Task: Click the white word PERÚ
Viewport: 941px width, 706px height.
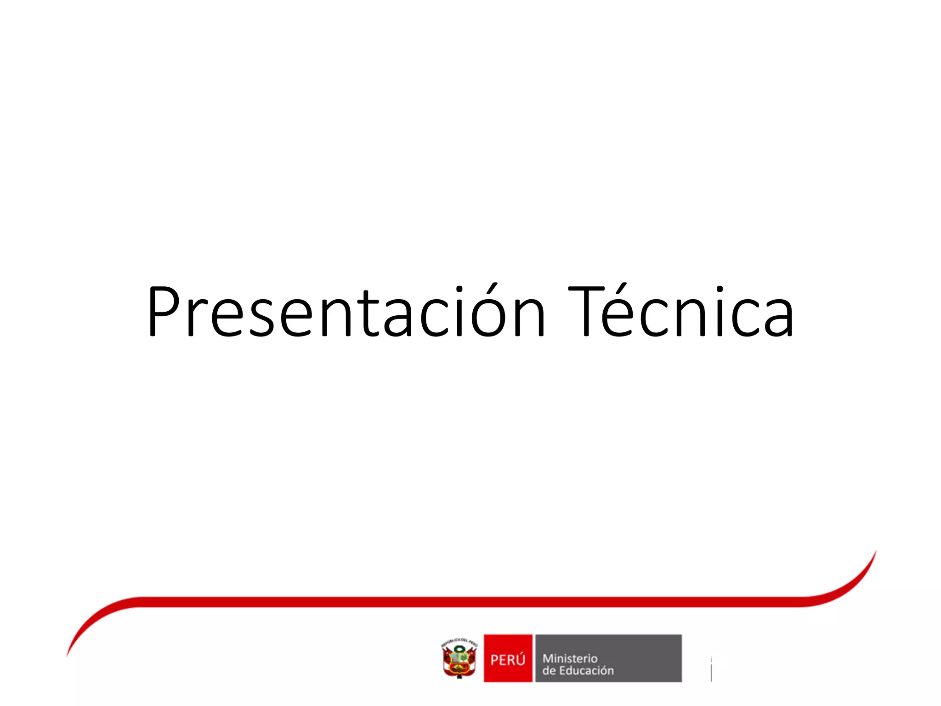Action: pos(508,660)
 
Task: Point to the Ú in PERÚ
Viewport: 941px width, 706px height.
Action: pos(520,659)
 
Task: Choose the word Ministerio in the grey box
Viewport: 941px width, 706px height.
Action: pos(570,658)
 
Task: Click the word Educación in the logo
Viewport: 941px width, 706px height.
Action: pos(586,671)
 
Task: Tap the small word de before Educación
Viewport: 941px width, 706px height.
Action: pos(549,671)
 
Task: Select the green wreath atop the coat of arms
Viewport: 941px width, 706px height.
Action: pos(459,649)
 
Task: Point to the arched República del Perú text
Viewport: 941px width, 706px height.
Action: pos(459,641)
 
